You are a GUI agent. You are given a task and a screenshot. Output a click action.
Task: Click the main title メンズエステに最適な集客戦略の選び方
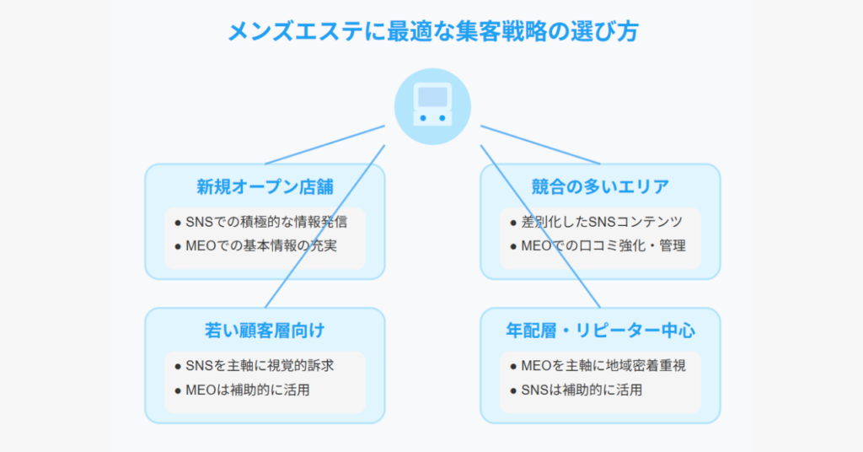[x=432, y=31]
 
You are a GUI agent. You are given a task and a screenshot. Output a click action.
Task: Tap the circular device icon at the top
[x=432, y=107]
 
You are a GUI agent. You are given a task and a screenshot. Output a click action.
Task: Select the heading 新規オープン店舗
[x=265, y=187]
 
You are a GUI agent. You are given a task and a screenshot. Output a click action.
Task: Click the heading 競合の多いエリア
[x=600, y=187]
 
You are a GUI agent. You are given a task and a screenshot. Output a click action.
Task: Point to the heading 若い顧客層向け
[x=265, y=331]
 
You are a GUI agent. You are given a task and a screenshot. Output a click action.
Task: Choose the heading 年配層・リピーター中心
[x=600, y=331]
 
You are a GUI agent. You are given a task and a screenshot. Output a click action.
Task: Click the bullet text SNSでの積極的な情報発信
[x=266, y=222]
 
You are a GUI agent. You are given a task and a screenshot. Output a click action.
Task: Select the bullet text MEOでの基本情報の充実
[x=261, y=245]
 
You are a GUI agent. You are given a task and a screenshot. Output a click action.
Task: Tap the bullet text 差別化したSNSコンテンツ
[x=602, y=222]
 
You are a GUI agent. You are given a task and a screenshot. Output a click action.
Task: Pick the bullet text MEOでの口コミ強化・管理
[x=603, y=245]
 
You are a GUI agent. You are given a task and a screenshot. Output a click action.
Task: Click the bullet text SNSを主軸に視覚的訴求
[x=260, y=366]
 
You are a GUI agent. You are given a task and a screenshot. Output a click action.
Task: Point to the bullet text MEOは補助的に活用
[x=248, y=390]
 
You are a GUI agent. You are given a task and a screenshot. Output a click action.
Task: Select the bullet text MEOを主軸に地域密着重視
[x=603, y=366]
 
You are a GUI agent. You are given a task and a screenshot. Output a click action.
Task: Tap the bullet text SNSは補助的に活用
[x=582, y=390]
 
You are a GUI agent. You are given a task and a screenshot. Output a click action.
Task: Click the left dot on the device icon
[x=423, y=118]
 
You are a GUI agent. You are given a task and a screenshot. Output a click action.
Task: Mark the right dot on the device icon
[x=442, y=118]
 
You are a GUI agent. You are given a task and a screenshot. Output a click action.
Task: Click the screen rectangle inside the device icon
[x=432, y=97]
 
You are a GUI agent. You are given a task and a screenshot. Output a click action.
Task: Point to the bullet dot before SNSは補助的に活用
[x=513, y=391]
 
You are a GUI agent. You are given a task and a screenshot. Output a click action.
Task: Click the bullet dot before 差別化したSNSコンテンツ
[x=513, y=223]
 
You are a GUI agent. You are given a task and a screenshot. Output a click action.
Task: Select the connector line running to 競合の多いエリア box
[x=540, y=145]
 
